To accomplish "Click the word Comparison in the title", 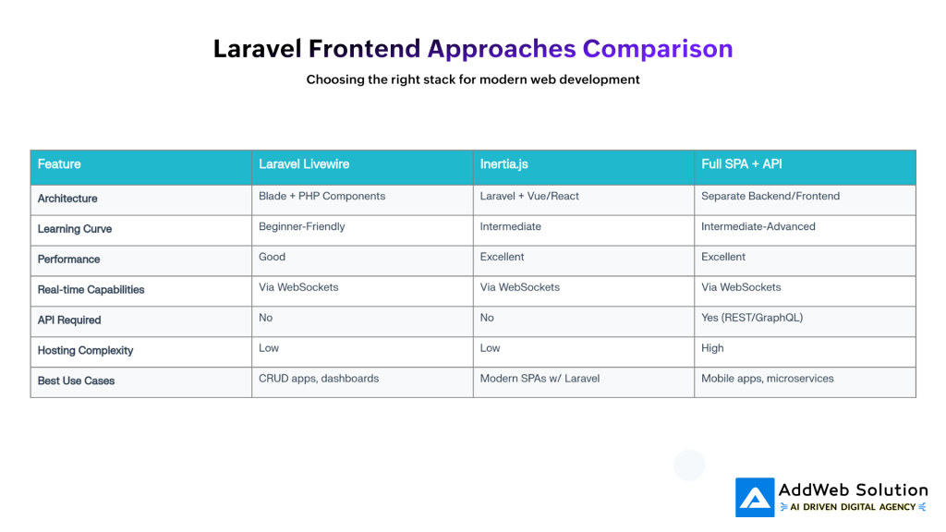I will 657,48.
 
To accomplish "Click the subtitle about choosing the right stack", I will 473,79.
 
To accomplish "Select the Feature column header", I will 59,164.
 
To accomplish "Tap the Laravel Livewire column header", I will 303,164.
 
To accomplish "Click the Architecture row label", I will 67,199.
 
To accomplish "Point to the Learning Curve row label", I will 75,229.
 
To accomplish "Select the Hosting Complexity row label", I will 85,351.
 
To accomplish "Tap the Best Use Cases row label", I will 76,381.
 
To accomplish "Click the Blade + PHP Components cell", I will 321,196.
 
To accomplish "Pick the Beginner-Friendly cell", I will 301,226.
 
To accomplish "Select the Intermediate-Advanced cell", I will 758,226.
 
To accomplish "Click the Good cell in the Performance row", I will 272,257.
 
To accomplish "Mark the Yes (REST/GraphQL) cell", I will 751,318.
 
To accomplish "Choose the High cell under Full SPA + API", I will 712,348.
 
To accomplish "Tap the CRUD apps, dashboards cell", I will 319,379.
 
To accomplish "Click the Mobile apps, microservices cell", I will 767,379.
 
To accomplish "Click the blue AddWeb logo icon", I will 755,498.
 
